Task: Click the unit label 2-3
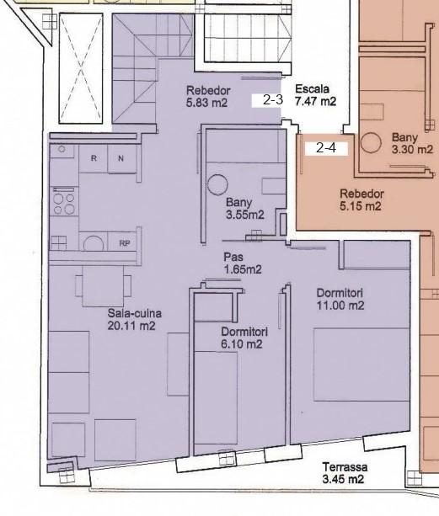pos(273,99)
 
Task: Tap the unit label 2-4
pos(326,148)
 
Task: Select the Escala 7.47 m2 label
pos(315,95)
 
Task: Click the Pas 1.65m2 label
pos(243,263)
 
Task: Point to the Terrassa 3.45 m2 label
pos(345,473)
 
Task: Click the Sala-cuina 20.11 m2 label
pos(134,319)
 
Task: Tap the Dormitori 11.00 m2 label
pos(340,299)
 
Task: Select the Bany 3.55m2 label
pos(245,209)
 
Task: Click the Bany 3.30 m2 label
pos(412,143)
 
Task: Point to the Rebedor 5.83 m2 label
pos(208,97)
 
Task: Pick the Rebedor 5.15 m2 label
pos(361,199)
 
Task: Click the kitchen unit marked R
pos(94,158)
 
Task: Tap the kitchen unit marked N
pos(121,158)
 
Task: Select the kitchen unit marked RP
pos(124,243)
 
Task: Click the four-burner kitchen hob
pos(64,201)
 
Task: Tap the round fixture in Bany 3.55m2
pos(217,185)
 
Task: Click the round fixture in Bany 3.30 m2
pos(371,143)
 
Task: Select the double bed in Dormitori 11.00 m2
pos(361,364)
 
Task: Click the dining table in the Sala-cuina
pos(103,285)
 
